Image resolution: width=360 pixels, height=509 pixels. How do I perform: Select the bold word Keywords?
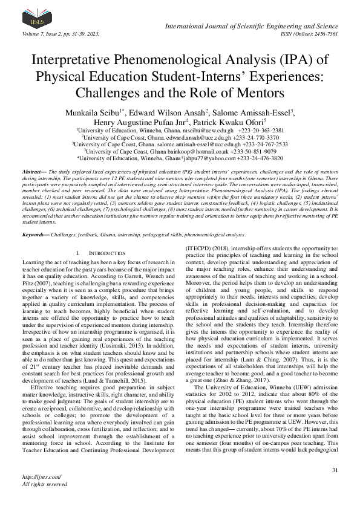coord(36,216)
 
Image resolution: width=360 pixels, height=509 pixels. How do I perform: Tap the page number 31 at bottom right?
coord(335,470)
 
